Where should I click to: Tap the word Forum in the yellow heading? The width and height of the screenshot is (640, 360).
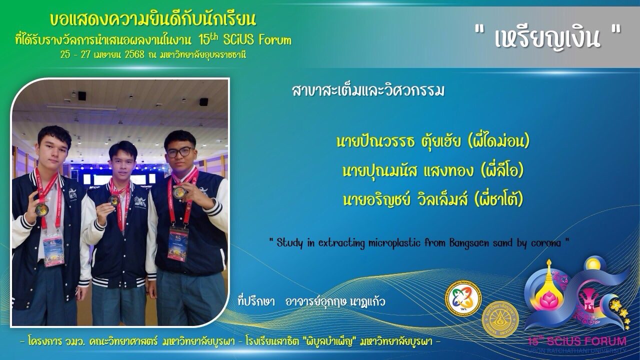click(x=275, y=40)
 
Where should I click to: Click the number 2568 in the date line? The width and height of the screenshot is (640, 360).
click(x=134, y=54)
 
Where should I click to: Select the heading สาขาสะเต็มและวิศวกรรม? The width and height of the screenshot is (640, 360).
click(x=368, y=91)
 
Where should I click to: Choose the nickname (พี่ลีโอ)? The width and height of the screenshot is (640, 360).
click(x=502, y=170)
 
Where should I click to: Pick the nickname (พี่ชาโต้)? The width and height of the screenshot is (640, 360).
click(x=499, y=199)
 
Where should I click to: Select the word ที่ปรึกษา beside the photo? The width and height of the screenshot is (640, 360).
click(x=256, y=301)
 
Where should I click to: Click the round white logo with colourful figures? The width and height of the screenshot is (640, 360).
click(x=463, y=298)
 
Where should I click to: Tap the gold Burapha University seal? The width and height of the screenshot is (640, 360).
click(x=500, y=319)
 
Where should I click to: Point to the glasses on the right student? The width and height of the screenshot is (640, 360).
click(x=179, y=152)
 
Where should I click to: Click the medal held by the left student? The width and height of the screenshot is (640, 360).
click(x=42, y=209)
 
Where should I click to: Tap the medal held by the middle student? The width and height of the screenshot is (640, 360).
click(x=113, y=200)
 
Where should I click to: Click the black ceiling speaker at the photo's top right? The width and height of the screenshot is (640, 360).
click(x=203, y=101)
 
